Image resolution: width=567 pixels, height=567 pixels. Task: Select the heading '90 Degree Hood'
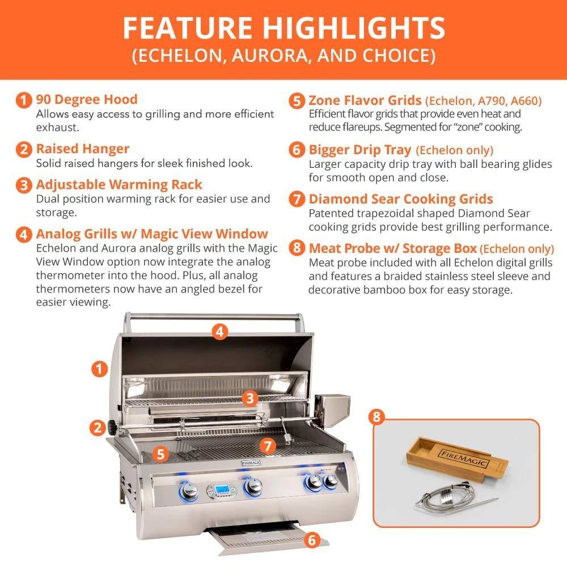pyautogui.click(x=87, y=100)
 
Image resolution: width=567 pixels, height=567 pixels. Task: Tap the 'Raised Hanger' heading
pyautogui.click(x=83, y=149)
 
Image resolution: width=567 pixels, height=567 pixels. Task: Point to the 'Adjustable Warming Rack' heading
pyautogui.click(x=119, y=185)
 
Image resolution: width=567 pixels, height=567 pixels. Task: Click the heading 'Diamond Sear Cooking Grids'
pyautogui.click(x=401, y=199)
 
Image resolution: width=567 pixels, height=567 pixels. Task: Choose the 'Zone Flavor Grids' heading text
pyautogui.click(x=365, y=101)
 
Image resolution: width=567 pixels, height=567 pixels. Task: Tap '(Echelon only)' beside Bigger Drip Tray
pyautogui.click(x=455, y=150)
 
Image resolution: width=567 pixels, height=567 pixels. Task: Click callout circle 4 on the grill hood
pyautogui.click(x=221, y=332)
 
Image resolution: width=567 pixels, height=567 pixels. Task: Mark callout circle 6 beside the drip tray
pyautogui.click(x=311, y=539)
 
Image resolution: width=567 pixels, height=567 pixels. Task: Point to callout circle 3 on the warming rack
pyautogui.click(x=249, y=398)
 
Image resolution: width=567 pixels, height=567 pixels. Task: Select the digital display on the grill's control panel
pyautogui.click(x=219, y=489)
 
